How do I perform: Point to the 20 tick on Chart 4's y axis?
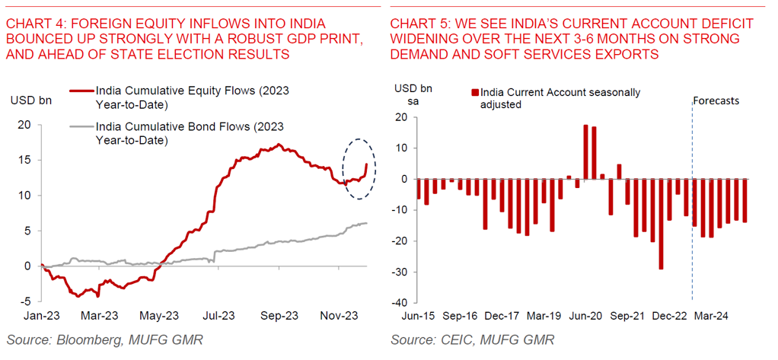pos(24,124)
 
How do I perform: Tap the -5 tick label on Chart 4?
pos(24,301)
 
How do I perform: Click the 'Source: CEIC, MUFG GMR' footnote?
pos(472,339)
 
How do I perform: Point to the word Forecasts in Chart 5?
pos(716,100)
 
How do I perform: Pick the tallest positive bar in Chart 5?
pos(585,152)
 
